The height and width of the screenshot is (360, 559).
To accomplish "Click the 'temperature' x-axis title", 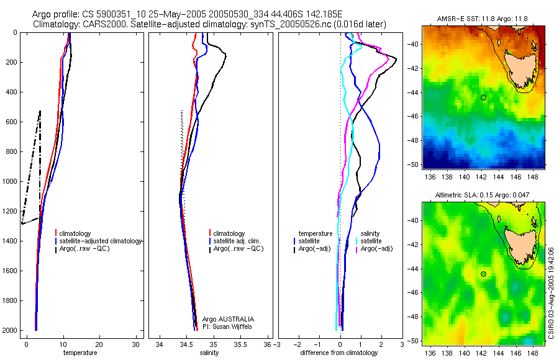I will click(x=80, y=353).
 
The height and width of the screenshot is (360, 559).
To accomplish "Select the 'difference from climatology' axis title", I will click(x=339, y=353).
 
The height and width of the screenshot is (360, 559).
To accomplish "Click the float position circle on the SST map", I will click(x=483, y=97).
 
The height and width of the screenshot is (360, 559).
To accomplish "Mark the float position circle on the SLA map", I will click(x=483, y=274).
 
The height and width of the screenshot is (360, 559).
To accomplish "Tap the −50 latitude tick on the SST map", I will click(x=412, y=164).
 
